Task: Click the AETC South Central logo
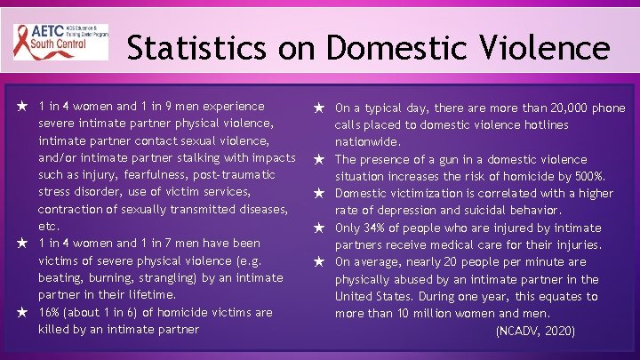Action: [60, 41]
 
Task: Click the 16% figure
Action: [51, 313]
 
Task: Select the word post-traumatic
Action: [236, 175]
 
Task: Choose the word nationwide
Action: [367, 142]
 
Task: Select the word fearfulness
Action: [152, 175]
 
